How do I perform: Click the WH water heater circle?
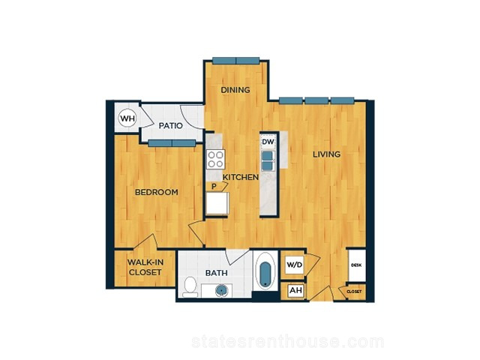click(127, 118)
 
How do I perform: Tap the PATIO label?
click(171, 125)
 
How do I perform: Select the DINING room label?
click(235, 90)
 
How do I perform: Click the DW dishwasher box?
click(268, 142)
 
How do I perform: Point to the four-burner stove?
click(215, 159)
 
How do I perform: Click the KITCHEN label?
click(241, 177)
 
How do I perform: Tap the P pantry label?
click(214, 186)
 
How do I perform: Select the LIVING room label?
click(327, 154)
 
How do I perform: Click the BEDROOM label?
click(157, 192)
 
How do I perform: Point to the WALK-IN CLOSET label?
click(145, 267)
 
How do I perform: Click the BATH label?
click(217, 273)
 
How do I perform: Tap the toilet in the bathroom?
click(190, 286)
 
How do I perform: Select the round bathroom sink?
click(221, 290)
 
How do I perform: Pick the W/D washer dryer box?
click(295, 264)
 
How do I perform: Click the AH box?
click(295, 290)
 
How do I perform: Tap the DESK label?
click(357, 265)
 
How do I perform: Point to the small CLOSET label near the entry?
click(354, 292)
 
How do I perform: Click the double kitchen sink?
click(268, 160)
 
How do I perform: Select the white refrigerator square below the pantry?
click(217, 203)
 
